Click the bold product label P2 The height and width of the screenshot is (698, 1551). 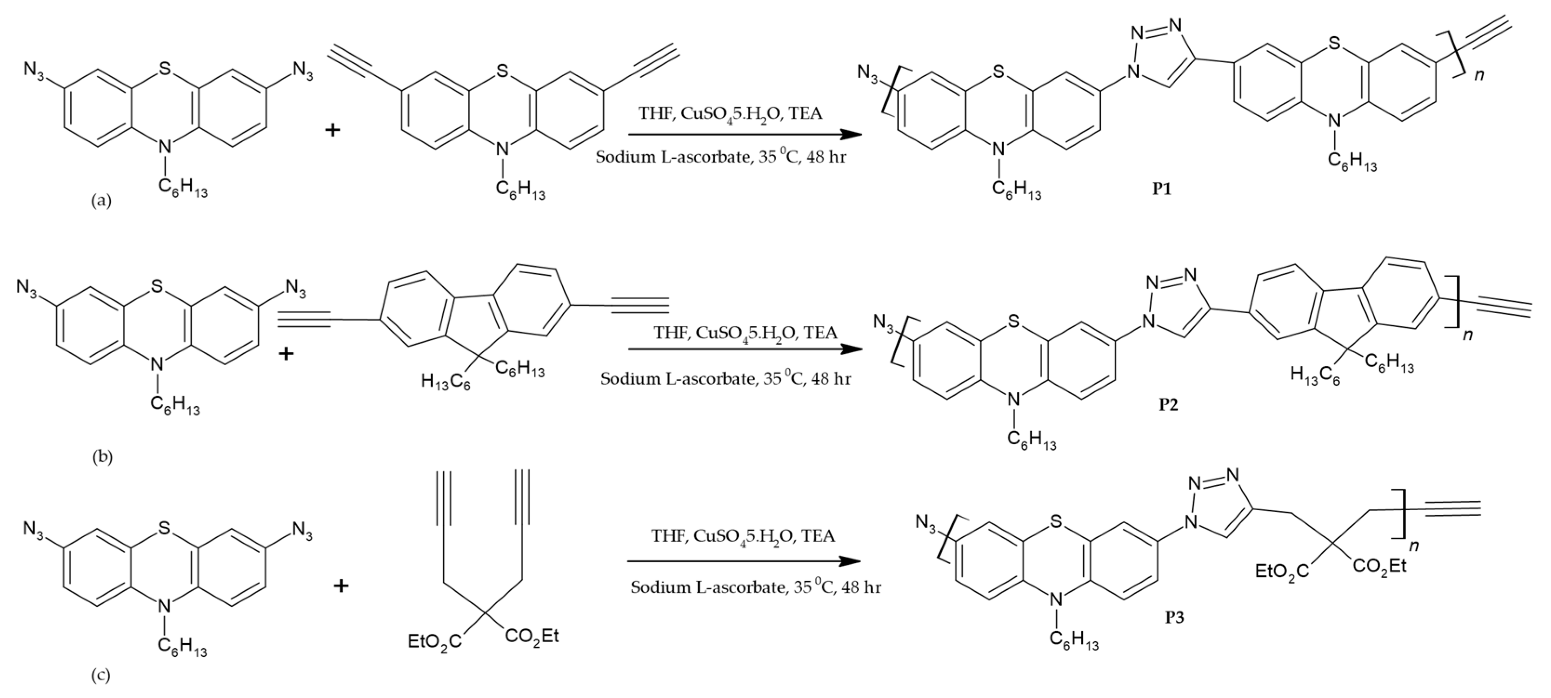coord(1169,404)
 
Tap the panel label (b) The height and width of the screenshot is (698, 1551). coord(102,457)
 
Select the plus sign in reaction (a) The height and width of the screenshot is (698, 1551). coord(333,129)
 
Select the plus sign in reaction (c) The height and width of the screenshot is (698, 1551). coord(341,586)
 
